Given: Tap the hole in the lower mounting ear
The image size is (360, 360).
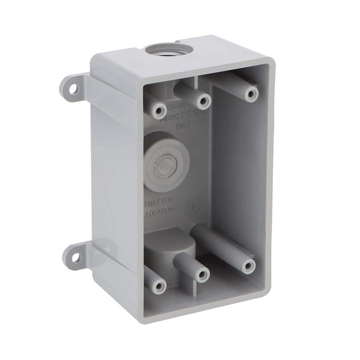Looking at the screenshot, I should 76,257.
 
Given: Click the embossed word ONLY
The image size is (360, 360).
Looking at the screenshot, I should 183,126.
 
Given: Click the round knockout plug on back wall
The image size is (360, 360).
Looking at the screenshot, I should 162,166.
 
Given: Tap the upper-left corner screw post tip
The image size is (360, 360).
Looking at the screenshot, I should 159,111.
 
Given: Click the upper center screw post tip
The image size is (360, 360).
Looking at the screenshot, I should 203,101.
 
